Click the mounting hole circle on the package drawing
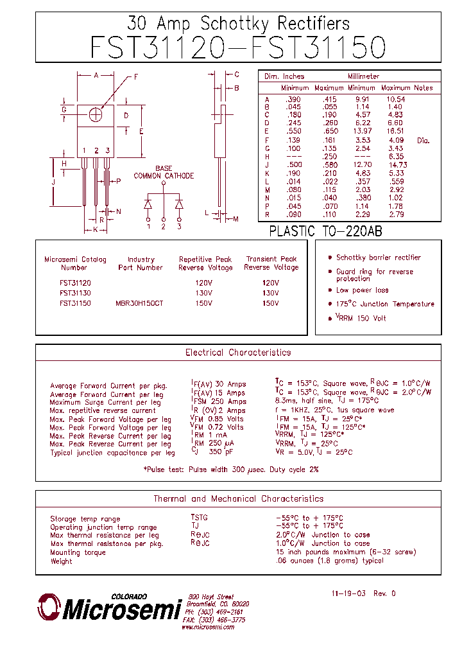coord(96,114)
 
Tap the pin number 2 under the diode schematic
coord(164,227)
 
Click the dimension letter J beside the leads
coord(54,182)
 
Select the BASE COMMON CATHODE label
coord(163,172)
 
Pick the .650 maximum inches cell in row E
coord(329,130)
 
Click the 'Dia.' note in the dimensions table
coord(423,139)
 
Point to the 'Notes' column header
coord(424,88)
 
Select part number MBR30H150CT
coord(139,303)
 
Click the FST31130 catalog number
coord(75,293)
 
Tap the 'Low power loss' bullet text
coord(362,290)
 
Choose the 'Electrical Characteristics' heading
coord(238,353)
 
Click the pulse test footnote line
coord(230,470)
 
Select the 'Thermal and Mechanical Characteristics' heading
coord(238,498)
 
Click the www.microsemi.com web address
coord(207,627)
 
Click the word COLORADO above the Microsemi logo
coord(129,596)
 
